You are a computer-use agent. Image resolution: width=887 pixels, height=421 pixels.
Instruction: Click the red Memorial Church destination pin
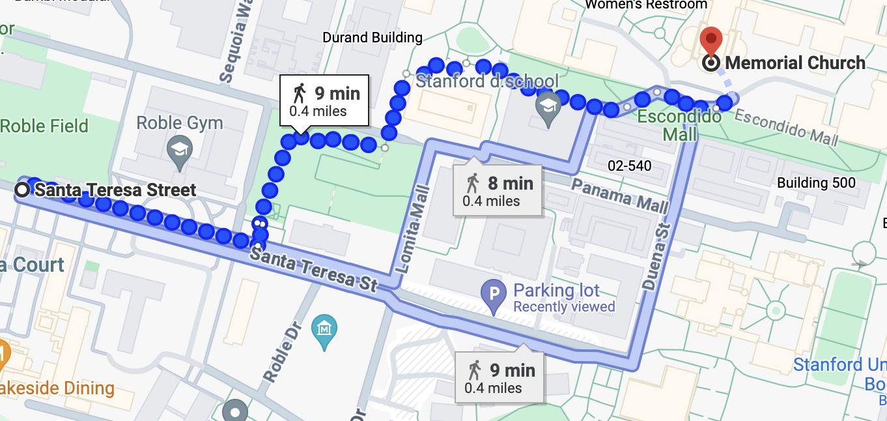[x=712, y=40]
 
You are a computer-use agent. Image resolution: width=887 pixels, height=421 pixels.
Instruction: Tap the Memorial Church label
[x=795, y=63]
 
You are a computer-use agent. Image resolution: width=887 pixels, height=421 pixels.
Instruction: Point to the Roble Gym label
[x=180, y=123]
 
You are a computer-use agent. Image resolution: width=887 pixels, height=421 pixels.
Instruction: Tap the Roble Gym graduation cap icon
[x=178, y=148]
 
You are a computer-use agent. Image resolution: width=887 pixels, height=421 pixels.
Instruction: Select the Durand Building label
[x=373, y=38]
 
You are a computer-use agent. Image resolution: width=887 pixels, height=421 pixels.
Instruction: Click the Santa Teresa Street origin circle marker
[x=23, y=190]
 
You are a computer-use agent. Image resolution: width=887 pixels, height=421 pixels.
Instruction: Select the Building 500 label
[x=816, y=183]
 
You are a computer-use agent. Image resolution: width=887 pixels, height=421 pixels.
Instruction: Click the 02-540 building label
[x=628, y=166]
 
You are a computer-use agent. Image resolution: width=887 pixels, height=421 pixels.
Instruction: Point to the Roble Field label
[x=44, y=126]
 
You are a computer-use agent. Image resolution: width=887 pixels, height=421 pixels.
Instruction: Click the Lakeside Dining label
[x=57, y=388]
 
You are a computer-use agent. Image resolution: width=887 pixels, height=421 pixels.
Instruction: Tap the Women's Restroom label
[x=646, y=5]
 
